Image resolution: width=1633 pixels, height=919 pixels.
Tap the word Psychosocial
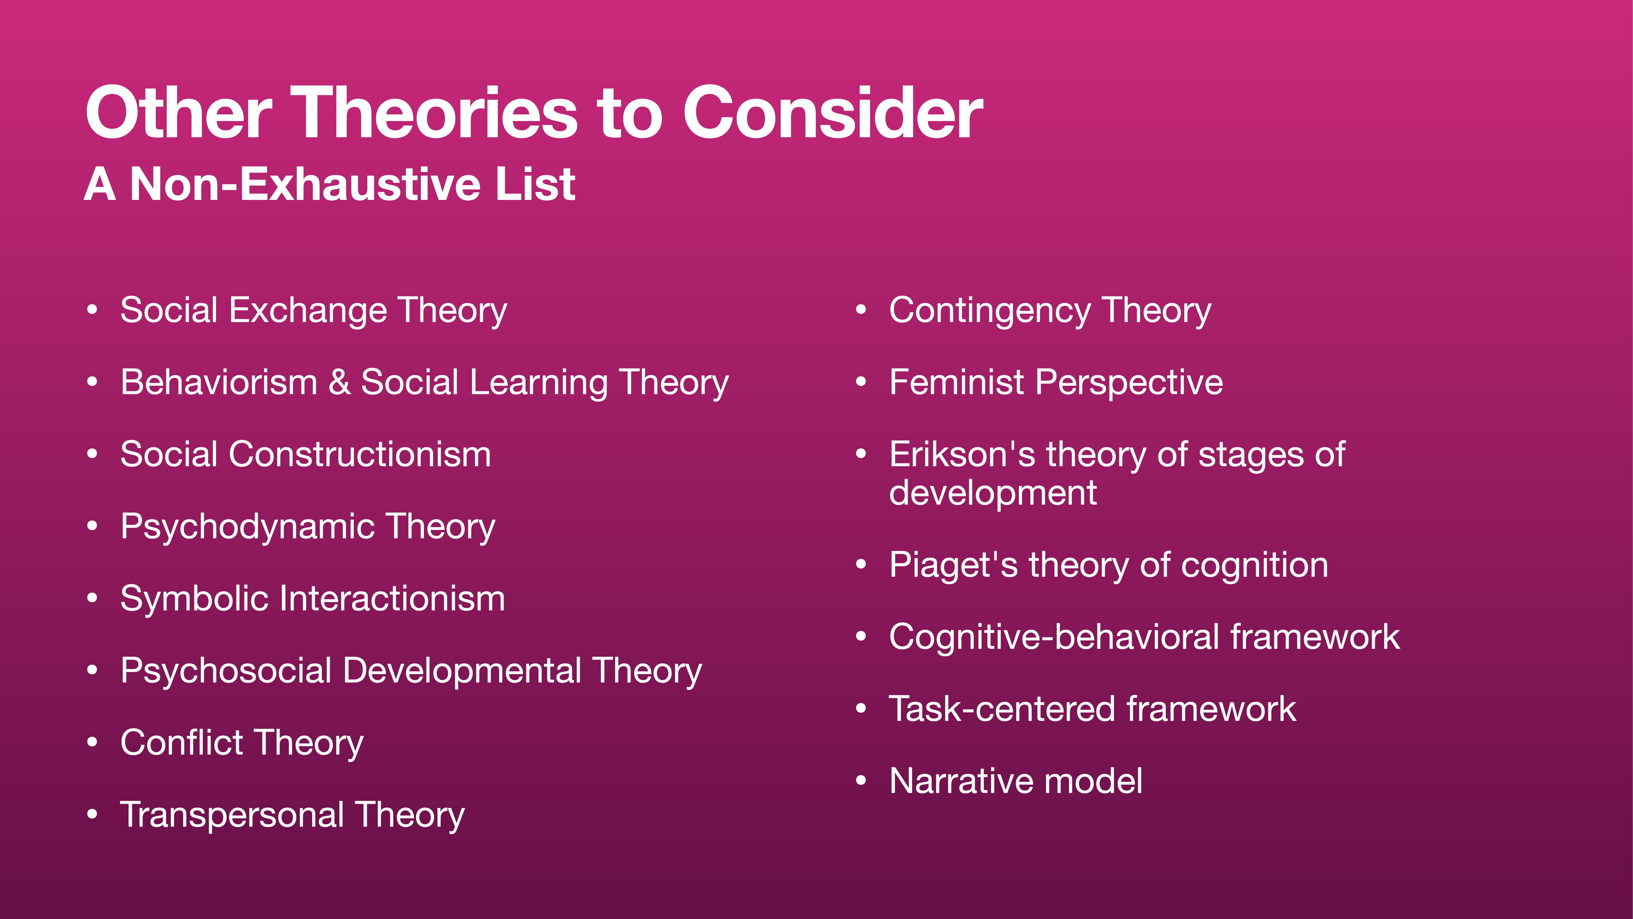pyautogui.click(x=226, y=671)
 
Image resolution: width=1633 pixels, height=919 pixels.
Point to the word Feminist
pyautogui.click(x=957, y=383)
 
